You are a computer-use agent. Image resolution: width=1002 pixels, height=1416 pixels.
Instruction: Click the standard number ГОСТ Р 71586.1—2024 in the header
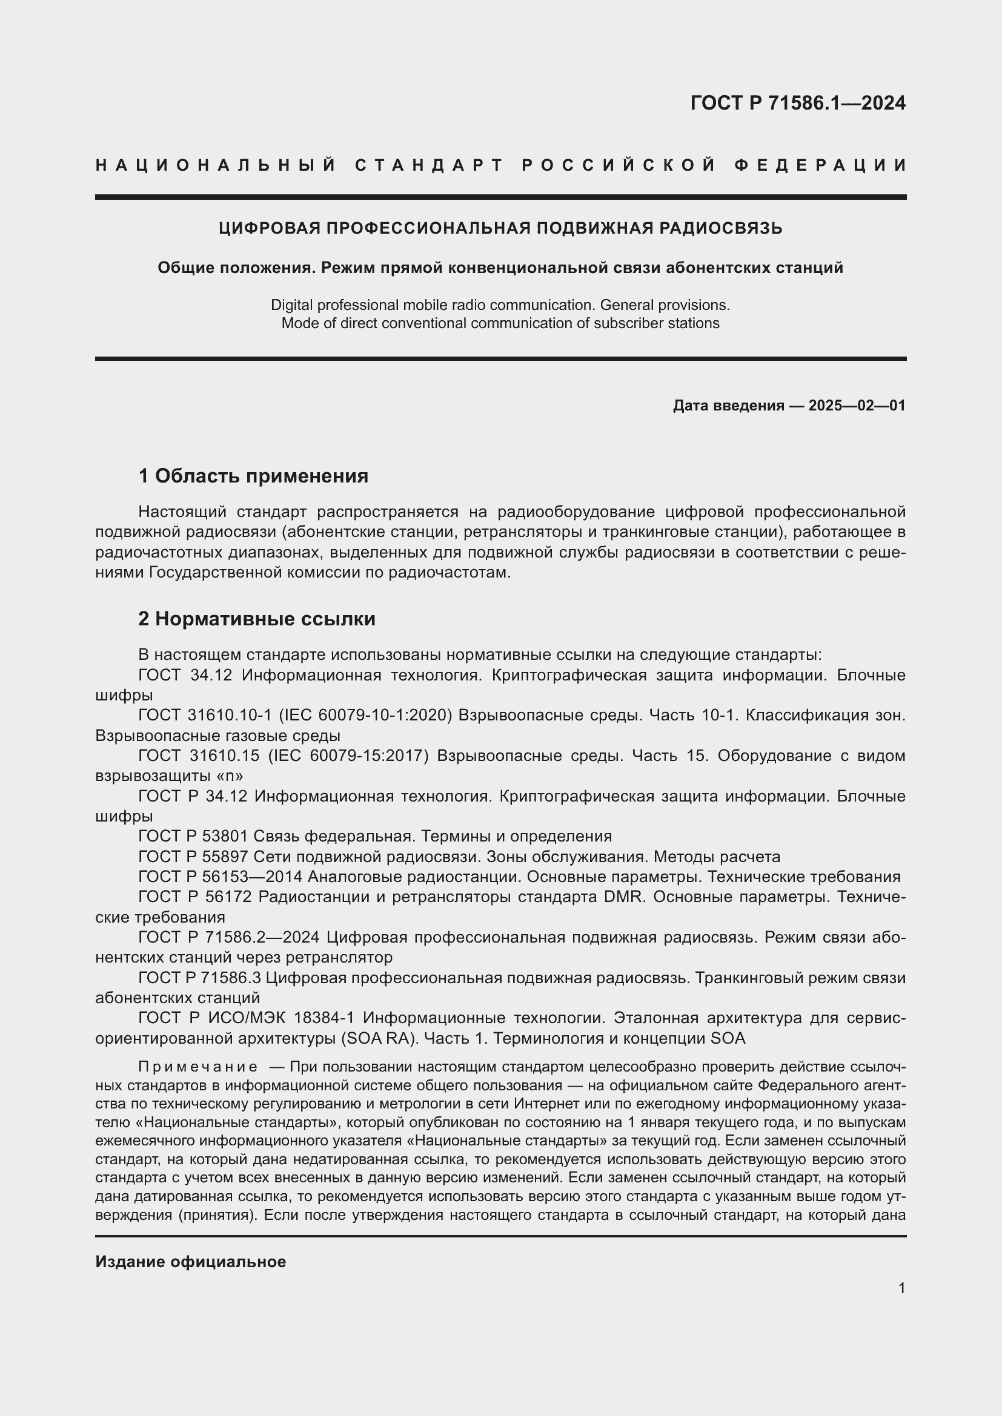[x=798, y=103]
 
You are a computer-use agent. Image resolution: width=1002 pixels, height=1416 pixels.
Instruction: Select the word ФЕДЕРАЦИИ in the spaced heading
[x=820, y=165]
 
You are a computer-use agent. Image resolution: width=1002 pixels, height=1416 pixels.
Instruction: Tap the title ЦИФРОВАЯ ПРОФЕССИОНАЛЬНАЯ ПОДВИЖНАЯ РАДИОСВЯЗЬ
[x=500, y=228]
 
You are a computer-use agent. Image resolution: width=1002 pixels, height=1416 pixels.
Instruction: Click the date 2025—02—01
[x=857, y=406]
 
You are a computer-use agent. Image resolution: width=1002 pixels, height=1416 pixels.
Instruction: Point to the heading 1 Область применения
[x=253, y=476]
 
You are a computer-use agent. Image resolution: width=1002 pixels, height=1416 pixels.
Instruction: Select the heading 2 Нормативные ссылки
[x=257, y=619]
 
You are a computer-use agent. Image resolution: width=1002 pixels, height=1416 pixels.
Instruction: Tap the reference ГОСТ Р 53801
[x=193, y=836]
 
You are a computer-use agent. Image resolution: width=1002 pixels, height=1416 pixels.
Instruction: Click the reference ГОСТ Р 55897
[x=193, y=857]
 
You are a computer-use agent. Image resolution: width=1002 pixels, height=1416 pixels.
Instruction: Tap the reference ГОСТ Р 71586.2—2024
[x=229, y=937]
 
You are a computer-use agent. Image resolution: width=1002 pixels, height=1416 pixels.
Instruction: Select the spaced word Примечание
[x=199, y=1067]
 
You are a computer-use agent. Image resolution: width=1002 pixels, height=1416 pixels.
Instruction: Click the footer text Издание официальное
[x=191, y=1262]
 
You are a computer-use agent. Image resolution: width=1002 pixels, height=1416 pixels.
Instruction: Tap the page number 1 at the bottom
[x=901, y=1288]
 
